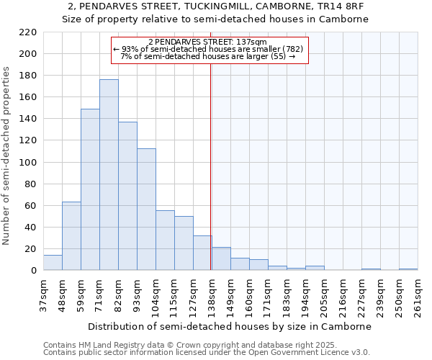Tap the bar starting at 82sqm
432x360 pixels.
[127, 196]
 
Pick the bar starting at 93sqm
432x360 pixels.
[146, 210]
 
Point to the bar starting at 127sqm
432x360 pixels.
[202, 253]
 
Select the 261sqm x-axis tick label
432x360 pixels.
[418, 295]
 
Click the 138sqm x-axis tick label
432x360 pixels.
[212, 295]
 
